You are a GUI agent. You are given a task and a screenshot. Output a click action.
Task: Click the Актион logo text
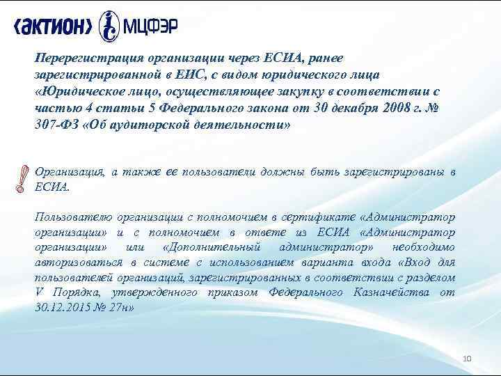click(52, 26)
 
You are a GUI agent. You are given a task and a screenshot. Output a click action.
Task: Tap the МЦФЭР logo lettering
click(150, 26)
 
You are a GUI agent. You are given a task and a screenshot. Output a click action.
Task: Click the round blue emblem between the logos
click(109, 26)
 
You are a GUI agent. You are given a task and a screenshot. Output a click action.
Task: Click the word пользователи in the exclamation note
click(213, 172)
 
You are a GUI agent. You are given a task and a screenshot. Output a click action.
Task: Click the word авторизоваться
click(77, 263)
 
